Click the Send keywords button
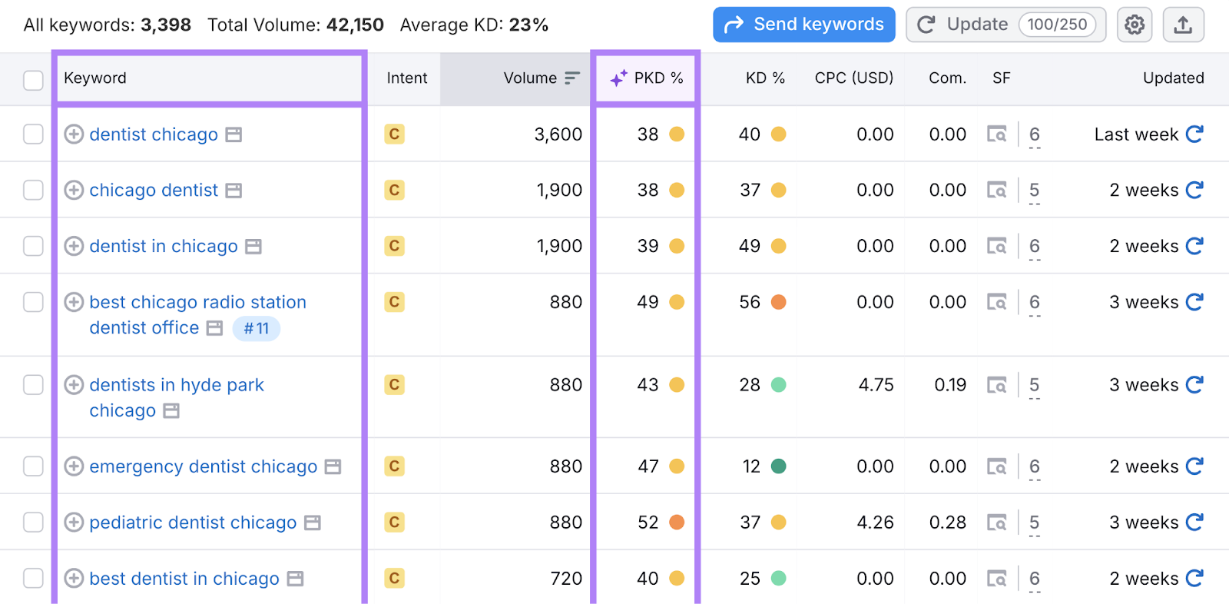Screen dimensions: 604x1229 [x=803, y=25]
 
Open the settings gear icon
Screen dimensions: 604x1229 [x=1135, y=25]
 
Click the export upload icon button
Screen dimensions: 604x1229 [x=1183, y=25]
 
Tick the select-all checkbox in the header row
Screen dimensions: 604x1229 [x=33, y=80]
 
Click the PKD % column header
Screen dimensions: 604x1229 [x=647, y=78]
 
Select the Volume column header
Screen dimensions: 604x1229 [x=530, y=78]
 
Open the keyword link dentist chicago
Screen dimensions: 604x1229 [x=154, y=134]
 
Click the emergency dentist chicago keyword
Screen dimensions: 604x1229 [x=203, y=466]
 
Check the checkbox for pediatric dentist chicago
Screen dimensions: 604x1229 [x=33, y=523]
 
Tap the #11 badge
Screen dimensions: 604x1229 [x=257, y=329]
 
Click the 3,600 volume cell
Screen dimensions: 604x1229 [x=558, y=134]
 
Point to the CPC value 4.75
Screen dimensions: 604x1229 [x=876, y=385]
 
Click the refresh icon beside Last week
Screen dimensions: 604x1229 [x=1194, y=134]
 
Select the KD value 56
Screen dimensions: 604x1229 [x=750, y=303]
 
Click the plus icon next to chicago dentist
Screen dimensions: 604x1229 [x=74, y=191]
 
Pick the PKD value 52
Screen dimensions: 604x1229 [x=648, y=523]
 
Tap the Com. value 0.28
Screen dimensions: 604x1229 [x=947, y=523]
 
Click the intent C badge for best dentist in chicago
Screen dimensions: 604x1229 [x=394, y=578]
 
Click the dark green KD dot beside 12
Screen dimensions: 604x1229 [x=778, y=466]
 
